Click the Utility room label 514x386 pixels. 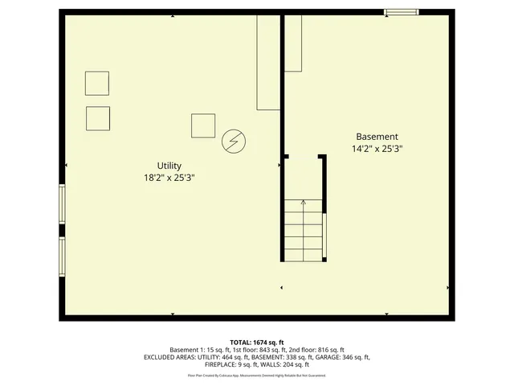[x=169, y=165]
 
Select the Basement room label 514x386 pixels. [x=377, y=137]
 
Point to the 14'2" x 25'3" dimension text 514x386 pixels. [x=377, y=149]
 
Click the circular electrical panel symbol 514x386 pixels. [x=233, y=142]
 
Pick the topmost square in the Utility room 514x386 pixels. [x=97, y=84]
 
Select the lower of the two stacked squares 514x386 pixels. [x=98, y=118]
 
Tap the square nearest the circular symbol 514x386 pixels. [x=203, y=125]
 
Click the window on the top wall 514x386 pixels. [x=400, y=12]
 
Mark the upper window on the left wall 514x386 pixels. [x=62, y=204]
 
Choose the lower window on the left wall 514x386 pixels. [x=62, y=256]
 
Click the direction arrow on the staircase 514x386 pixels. [x=303, y=203]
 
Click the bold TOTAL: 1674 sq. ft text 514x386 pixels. [x=257, y=342]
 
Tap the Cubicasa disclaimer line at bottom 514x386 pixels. [x=257, y=375]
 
